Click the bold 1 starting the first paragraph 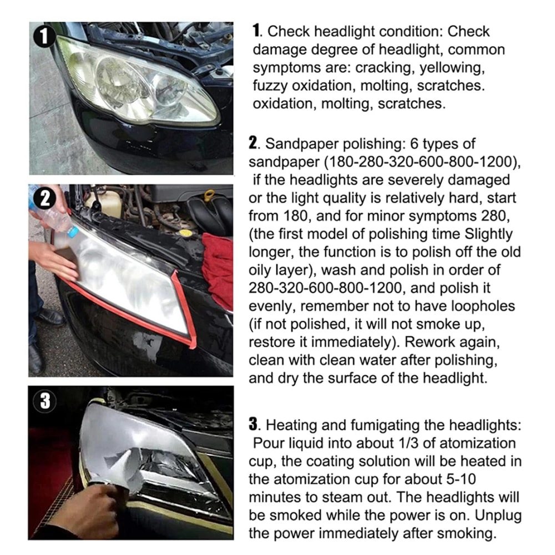pos(256,31)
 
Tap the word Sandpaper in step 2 pos(297,144)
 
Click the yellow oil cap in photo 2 pos(209,196)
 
